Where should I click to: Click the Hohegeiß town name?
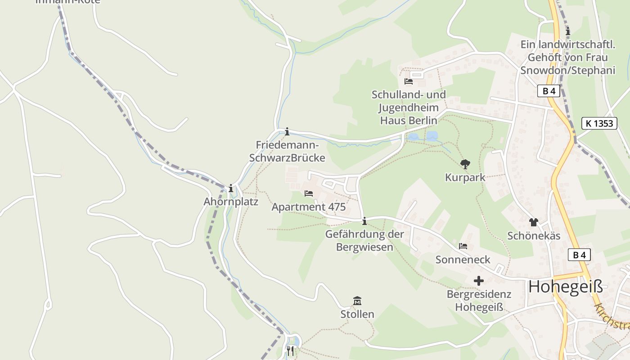565,287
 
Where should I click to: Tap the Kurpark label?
465,177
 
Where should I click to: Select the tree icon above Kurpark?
465,164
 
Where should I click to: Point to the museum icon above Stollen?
357,301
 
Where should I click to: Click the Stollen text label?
357,314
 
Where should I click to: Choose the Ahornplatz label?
231,202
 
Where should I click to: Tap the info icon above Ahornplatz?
231,188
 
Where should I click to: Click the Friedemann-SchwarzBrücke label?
287,152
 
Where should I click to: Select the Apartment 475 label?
309,207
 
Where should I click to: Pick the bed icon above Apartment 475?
309,193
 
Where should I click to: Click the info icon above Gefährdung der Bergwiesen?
364,221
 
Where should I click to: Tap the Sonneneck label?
463,260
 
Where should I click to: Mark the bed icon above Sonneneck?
463,246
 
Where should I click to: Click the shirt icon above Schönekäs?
534,222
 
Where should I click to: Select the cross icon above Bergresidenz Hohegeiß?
479,281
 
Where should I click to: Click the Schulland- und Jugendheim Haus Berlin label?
409,108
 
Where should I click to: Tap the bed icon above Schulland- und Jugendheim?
409,81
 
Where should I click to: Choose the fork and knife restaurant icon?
291,351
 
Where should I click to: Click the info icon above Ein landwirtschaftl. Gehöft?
568,31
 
